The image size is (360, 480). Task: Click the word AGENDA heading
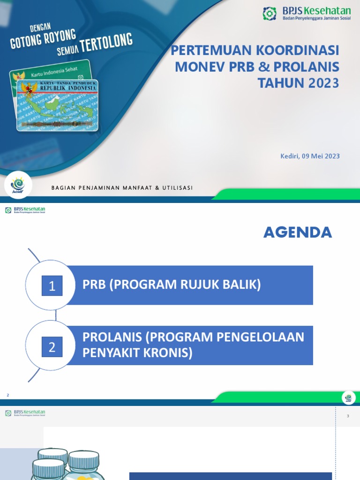298,232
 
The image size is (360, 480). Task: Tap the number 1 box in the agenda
52,285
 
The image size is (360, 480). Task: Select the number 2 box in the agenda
52,347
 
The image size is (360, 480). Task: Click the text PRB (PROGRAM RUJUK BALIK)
172,284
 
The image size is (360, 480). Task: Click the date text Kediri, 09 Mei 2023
307,156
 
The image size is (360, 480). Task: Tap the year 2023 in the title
323,83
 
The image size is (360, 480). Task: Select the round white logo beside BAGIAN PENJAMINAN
22,185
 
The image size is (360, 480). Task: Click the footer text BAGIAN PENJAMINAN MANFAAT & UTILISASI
122,188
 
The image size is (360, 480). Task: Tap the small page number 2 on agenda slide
7,396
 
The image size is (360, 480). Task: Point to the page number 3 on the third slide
348,416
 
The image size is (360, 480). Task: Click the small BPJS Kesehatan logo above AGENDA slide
25,210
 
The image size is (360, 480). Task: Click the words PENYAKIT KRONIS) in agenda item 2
137,353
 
